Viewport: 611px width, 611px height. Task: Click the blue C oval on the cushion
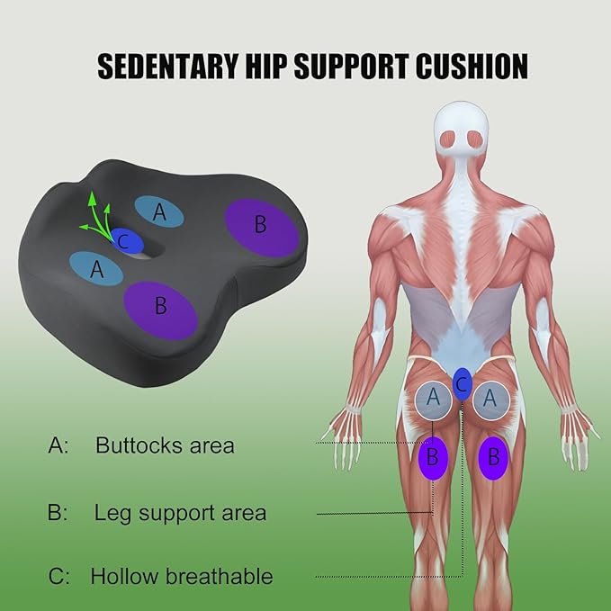(126, 240)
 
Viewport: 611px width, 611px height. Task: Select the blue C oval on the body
(463, 382)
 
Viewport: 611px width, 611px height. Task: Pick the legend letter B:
(58, 514)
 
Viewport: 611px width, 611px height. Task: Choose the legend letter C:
(58, 576)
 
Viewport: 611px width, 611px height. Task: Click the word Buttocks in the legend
(136, 445)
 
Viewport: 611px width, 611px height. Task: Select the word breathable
(215, 576)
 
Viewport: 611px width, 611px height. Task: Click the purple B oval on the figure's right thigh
(492, 459)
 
